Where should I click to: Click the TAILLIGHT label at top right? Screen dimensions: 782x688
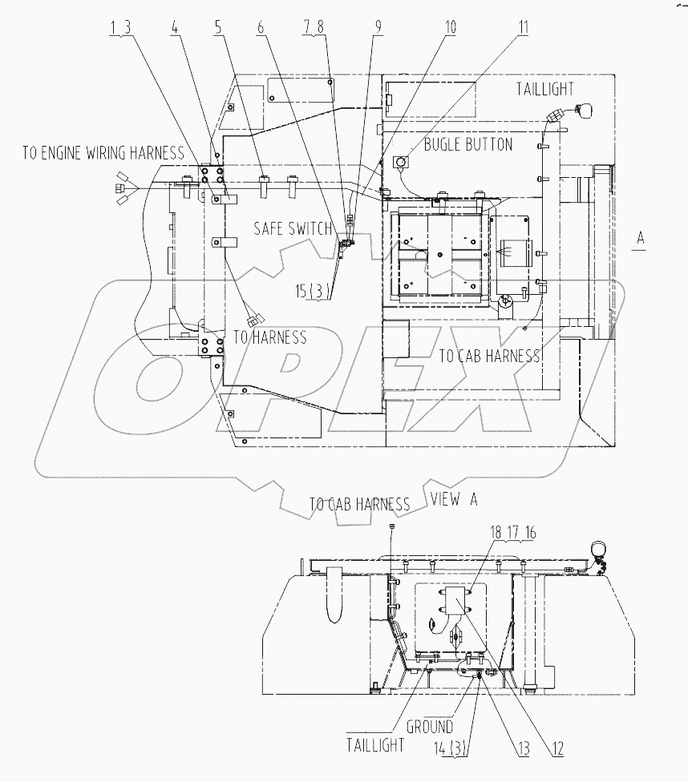point(545,89)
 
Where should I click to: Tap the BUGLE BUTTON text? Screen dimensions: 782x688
point(467,145)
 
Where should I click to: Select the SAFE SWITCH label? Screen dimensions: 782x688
point(293,229)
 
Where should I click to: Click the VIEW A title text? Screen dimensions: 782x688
point(454,499)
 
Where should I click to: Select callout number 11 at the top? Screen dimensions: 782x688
point(523,26)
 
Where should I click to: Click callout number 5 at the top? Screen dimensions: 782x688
point(217,26)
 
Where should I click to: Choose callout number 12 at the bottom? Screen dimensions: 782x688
point(556,750)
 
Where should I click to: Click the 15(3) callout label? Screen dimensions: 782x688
point(311,292)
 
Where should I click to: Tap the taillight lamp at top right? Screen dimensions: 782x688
point(584,110)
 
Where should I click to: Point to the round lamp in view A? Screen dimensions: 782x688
point(597,550)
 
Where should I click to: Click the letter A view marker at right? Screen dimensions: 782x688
point(639,238)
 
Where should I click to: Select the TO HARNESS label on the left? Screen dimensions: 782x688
point(269,338)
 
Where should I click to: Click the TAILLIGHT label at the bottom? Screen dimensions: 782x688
point(375,744)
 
